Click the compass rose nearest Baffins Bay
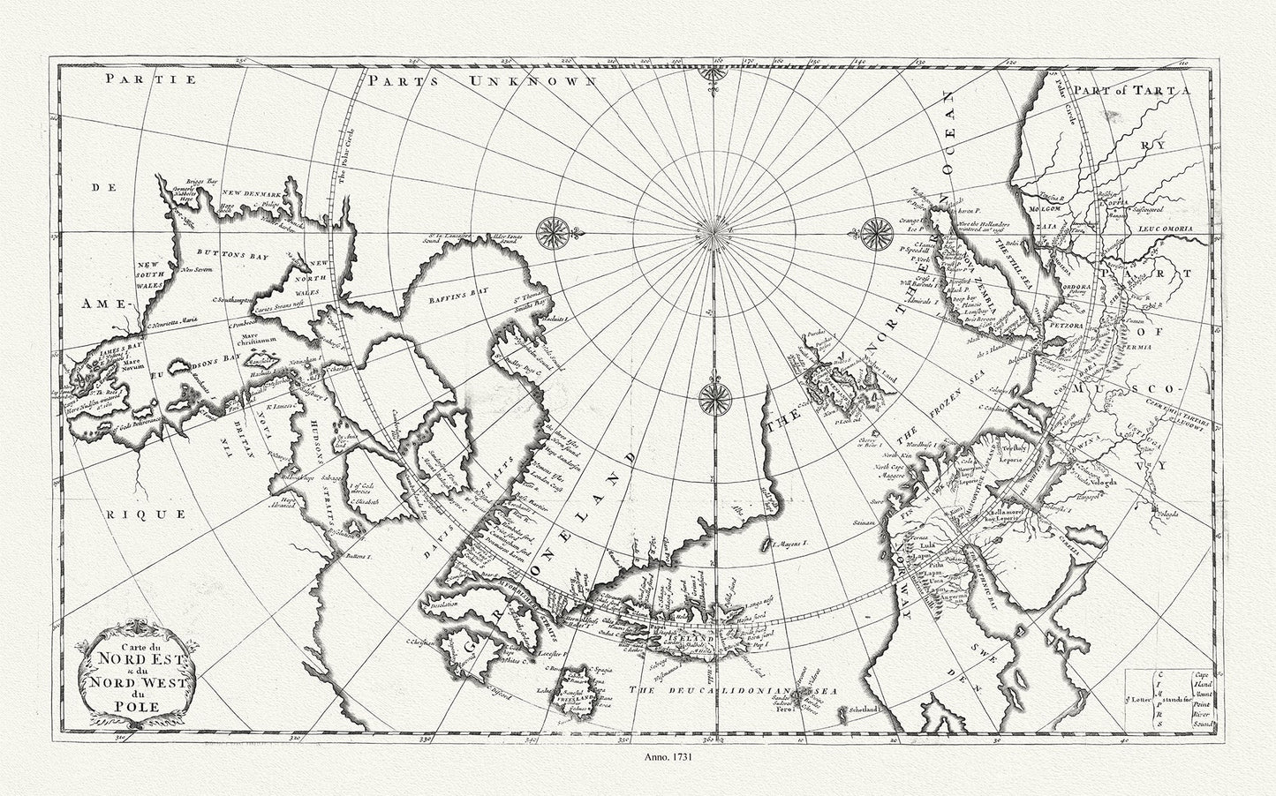tap(555, 231)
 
